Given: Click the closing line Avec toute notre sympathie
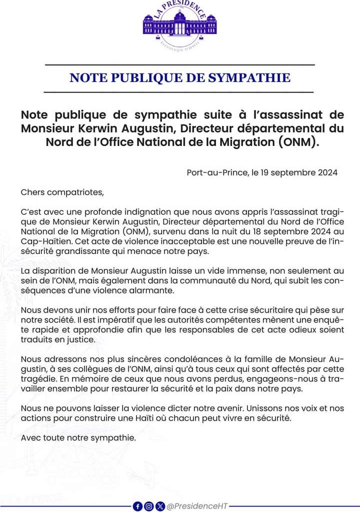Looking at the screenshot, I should click(x=78, y=437).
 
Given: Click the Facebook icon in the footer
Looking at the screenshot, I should click(x=137, y=506).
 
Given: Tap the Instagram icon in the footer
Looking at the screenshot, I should click(x=149, y=506).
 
